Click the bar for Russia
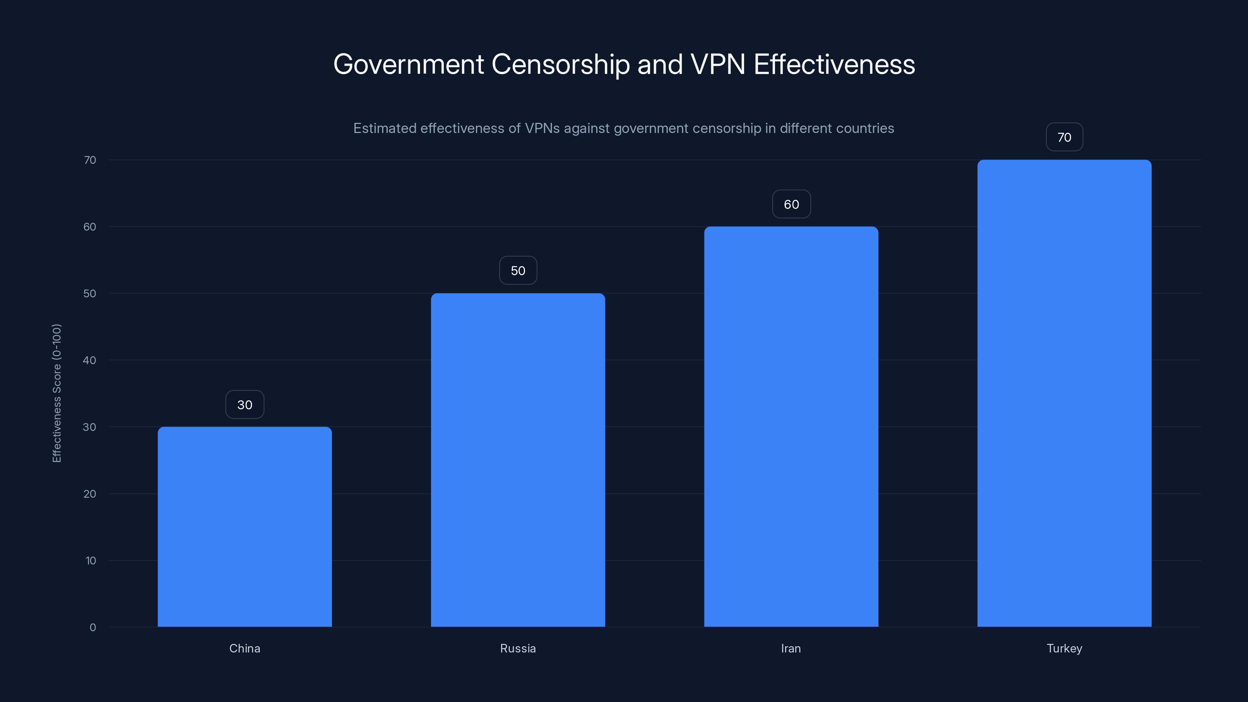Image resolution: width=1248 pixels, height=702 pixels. (518, 460)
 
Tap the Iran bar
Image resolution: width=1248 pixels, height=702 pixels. (791, 426)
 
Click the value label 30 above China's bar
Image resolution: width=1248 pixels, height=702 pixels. (245, 404)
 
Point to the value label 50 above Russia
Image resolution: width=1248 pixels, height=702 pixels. (518, 270)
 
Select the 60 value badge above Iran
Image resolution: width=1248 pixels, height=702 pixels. (791, 204)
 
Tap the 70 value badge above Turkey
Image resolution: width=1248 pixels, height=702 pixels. (1064, 137)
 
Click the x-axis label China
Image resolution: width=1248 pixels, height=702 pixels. (245, 648)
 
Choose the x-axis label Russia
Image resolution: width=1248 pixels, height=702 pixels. (518, 648)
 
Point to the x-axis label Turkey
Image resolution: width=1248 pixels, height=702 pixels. (1064, 648)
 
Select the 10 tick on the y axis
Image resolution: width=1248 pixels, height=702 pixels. (90, 560)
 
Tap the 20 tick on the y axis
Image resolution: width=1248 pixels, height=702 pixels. (90, 494)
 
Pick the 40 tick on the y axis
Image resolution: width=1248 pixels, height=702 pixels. (90, 360)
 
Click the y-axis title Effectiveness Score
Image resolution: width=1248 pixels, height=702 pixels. (57, 393)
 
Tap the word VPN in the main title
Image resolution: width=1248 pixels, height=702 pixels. (718, 64)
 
